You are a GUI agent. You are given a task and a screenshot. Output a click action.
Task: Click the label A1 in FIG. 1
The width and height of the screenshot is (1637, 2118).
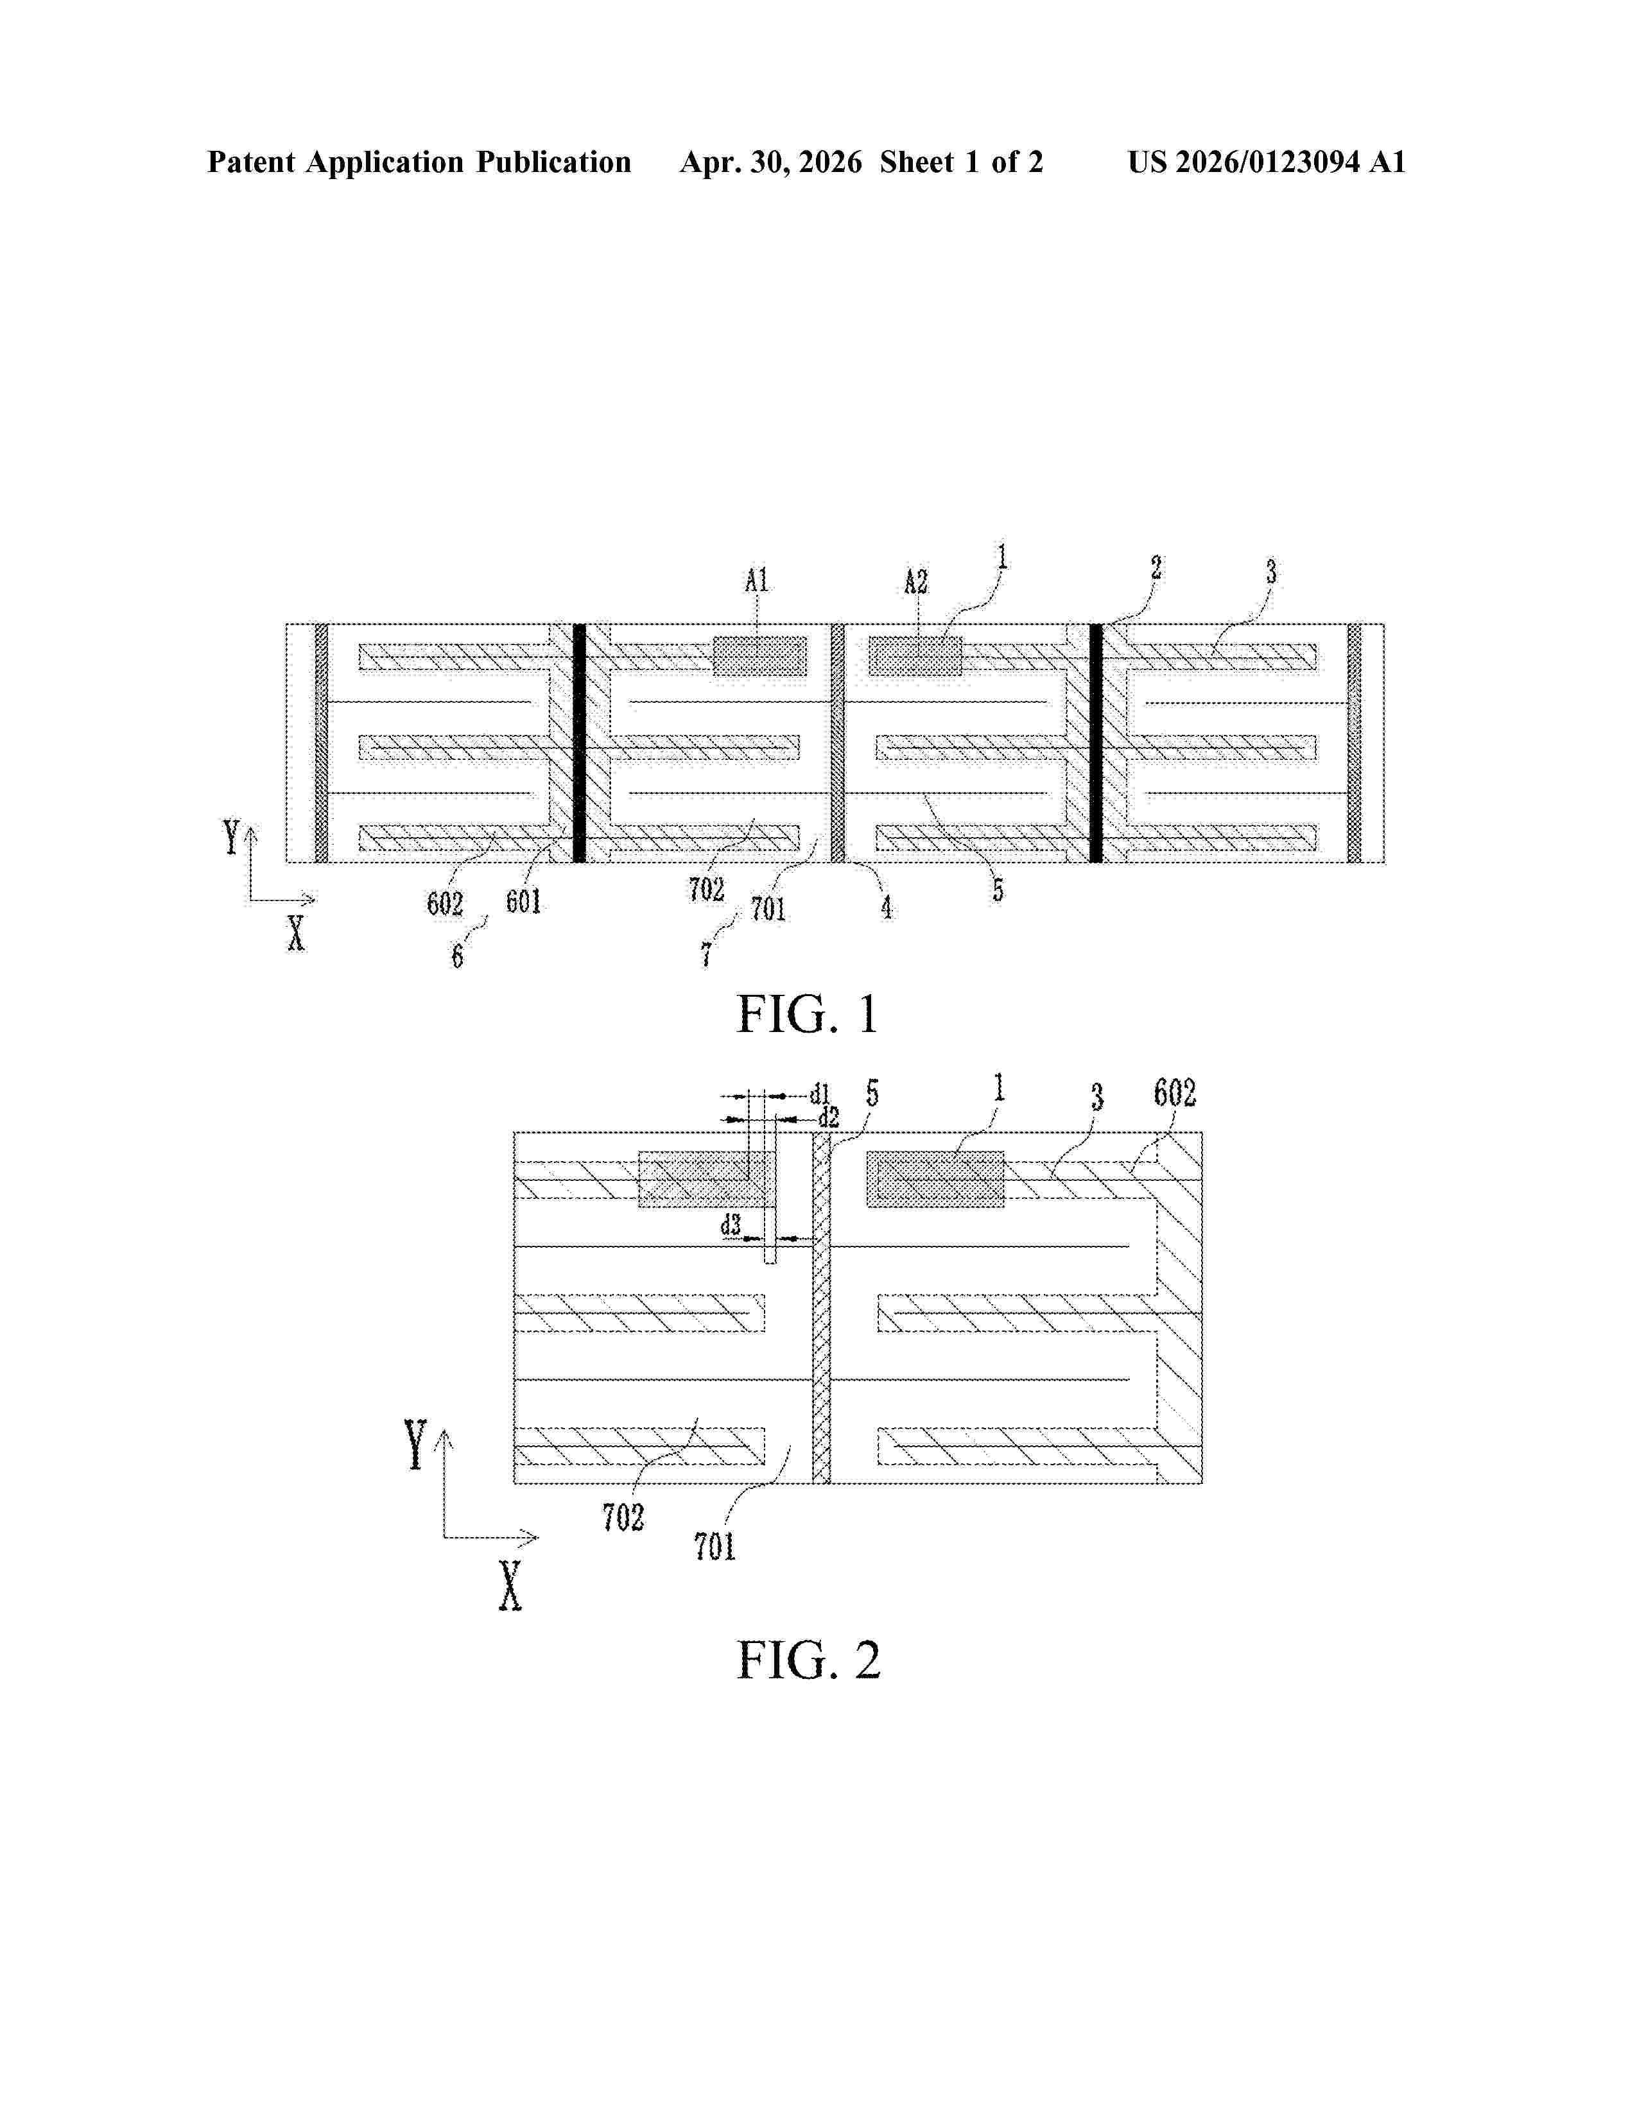pos(756,581)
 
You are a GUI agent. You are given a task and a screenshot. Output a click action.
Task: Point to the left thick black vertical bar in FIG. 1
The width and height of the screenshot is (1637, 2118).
pos(579,743)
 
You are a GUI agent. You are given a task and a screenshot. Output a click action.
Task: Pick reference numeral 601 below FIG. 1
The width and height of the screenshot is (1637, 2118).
pos(524,902)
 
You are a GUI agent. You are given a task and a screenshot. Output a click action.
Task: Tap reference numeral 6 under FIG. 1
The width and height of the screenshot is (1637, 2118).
pos(457,956)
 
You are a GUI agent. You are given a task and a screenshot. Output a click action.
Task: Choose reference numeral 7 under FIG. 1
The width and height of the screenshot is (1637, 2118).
pos(707,954)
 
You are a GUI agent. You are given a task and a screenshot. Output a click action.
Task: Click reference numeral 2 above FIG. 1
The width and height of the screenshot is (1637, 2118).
pos(1156,567)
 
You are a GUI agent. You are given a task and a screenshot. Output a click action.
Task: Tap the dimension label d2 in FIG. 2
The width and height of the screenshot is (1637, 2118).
pos(828,1118)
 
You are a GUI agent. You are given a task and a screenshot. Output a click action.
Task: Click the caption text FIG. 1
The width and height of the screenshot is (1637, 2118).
pos(808,1014)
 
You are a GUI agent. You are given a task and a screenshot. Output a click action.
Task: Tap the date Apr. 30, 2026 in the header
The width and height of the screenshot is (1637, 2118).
pos(771,162)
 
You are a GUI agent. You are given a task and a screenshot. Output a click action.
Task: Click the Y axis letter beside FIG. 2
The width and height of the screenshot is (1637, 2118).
pos(416,1444)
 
